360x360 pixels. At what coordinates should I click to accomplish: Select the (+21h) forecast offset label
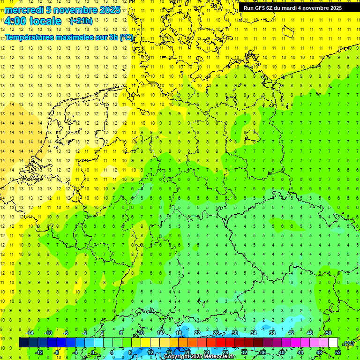(x=81, y=21)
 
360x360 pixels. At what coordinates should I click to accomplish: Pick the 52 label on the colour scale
(x=338, y=352)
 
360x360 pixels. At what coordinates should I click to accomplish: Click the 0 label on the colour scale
(x=93, y=352)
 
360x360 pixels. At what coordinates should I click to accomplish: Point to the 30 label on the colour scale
(x=234, y=333)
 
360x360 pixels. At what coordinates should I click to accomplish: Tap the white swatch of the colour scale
(x=333, y=343)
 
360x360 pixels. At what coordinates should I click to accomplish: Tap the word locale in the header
(x=45, y=21)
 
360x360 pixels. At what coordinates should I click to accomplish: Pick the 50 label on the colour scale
(x=328, y=333)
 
